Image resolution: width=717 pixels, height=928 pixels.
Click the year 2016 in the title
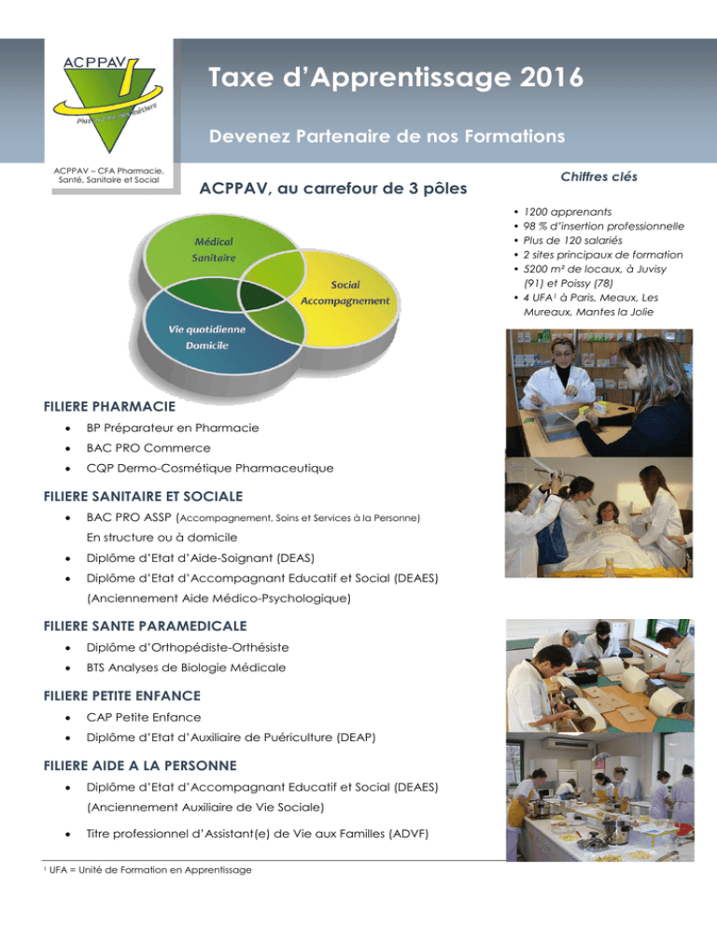click(551, 77)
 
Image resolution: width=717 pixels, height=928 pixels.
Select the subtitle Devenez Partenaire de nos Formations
click(387, 136)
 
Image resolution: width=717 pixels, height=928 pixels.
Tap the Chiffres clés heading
click(598, 176)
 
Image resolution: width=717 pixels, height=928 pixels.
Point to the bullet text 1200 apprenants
click(568, 211)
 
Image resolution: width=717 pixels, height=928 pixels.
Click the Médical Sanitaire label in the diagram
click(214, 249)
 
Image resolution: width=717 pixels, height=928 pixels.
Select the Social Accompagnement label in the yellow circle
click(345, 292)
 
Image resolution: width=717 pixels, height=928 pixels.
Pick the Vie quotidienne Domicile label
click(206, 337)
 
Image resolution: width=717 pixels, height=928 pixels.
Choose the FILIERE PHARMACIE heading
click(109, 407)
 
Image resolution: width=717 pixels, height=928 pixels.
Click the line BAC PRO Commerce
click(148, 448)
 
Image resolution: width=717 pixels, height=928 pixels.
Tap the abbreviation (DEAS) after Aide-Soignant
click(295, 558)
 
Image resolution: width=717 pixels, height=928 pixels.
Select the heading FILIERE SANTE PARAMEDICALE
click(145, 626)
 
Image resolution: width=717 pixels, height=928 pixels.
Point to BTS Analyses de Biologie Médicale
click(186, 668)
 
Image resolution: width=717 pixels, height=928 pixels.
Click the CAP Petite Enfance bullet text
click(143, 717)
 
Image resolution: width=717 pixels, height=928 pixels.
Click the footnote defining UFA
click(148, 870)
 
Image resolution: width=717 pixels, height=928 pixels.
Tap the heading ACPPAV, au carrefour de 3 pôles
click(333, 189)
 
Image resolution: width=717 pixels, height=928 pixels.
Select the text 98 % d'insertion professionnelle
click(603, 226)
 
